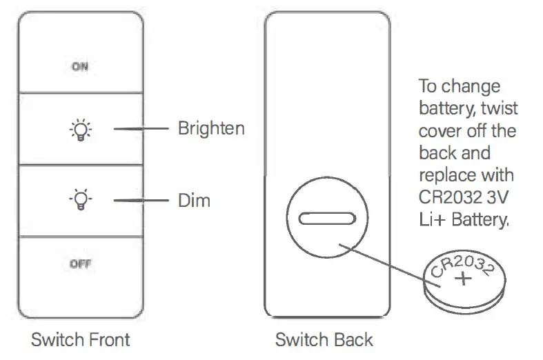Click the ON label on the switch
(x=80, y=67)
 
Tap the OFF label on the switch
(x=81, y=264)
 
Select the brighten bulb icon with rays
(x=81, y=129)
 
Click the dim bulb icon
(x=81, y=200)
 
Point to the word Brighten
(x=211, y=129)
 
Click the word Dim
(x=194, y=201)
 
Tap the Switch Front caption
(x=80, y=339)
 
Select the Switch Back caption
(x=324, y=339)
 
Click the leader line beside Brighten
(x=141, y=129)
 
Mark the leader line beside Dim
(x=141, y=201)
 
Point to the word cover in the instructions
(x=439, y=130)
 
